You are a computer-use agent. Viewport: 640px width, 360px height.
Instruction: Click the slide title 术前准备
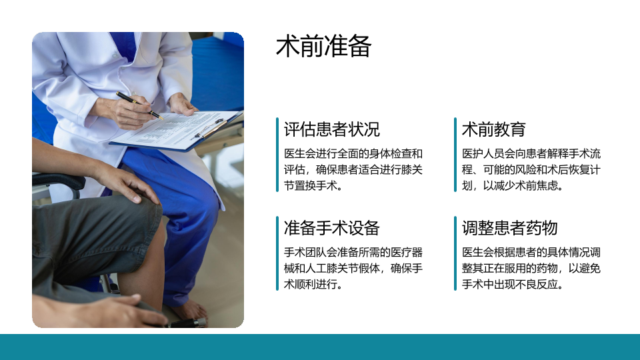point(323,46)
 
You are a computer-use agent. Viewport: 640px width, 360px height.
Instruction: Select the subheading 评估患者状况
point(332,129)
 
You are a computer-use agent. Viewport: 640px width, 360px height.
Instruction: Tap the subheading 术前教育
point(493,129)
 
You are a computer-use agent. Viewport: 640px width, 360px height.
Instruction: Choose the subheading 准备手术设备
point(332,228)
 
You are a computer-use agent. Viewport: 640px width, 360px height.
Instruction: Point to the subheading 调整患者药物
point(509,228)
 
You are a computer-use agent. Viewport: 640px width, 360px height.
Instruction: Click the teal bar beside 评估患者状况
point(277,155)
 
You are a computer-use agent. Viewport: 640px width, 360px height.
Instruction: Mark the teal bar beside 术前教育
point(455,155)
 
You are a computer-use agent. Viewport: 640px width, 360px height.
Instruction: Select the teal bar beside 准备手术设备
point(277,253)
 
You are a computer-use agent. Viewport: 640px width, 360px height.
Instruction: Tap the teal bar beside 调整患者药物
point(455,253)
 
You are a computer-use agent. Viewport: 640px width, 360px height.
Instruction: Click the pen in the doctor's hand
point(139,105)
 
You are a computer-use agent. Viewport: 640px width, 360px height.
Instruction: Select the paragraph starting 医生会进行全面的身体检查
point(353,169)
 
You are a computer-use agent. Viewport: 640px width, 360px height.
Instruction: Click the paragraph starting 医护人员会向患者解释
point(531,169)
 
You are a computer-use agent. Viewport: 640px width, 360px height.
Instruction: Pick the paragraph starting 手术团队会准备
point(353,268)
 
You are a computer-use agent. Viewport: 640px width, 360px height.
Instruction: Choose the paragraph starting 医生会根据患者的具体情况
point(531,268)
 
